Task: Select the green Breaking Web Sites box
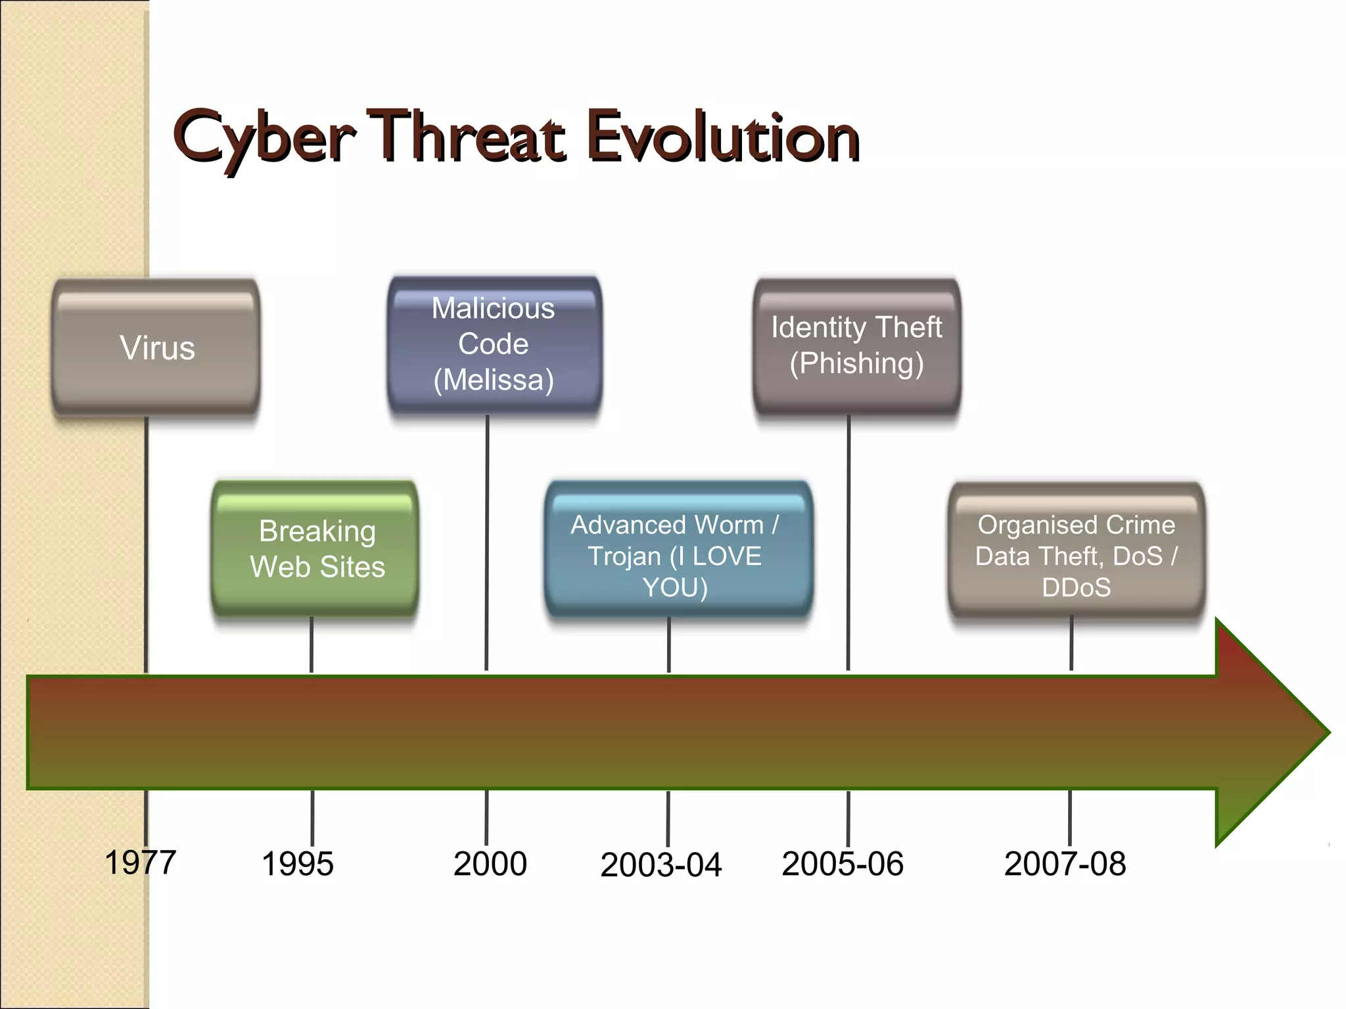click(315, 549)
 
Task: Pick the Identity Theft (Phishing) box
click(856, 346)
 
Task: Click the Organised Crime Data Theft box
click(1076, 552)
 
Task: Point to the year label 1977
click(141, 863)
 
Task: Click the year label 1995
click(298, 864)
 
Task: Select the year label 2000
click(490, 864)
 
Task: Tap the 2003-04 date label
click(661, 865)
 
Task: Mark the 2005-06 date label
click(843, 864)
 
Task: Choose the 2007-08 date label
click(1065, 864)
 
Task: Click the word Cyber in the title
click(263, 138)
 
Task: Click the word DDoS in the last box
click(1076, 587)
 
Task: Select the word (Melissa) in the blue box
click(494, 380)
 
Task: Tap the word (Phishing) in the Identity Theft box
click(856, 363)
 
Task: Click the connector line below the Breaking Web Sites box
click(311, 644)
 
